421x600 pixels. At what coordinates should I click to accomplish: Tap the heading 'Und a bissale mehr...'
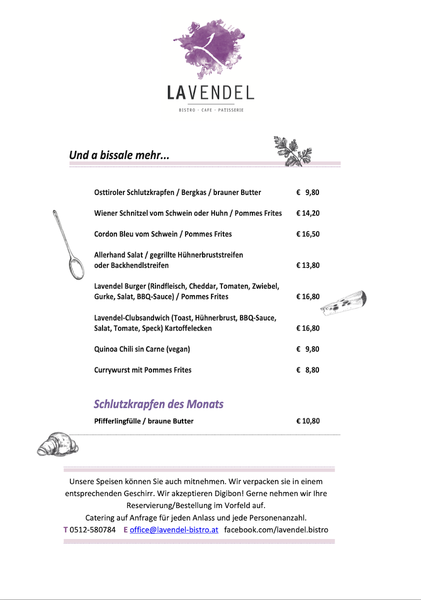119,155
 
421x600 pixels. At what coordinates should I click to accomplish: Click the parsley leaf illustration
293,150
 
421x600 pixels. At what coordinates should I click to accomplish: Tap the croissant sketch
57,444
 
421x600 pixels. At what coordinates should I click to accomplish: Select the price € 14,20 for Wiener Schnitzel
307,213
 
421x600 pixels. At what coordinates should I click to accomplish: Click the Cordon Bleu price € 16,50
307,234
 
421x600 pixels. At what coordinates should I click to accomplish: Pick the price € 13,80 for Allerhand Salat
307,265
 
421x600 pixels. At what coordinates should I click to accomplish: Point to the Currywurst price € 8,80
307,370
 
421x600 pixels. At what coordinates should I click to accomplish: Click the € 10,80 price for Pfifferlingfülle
307,421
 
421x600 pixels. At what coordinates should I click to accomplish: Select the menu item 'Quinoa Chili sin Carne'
142,349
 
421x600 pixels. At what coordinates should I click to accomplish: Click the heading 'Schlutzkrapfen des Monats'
158,404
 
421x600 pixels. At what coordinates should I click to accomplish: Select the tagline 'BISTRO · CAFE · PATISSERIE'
211,110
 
